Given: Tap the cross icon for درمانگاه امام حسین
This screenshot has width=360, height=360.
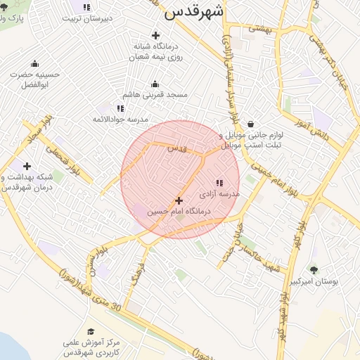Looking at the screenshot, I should (x=179, y=200).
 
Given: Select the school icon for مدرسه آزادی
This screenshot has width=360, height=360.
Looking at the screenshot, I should (x=218, y=183).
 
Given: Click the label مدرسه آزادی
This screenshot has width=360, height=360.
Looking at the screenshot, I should (x=219, y=193).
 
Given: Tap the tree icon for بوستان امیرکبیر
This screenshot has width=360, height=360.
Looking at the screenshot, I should (x=314, y=269).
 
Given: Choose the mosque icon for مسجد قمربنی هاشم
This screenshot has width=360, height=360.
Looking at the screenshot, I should (x=155, y=84).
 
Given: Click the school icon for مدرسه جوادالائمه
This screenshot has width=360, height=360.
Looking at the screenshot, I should (x=120, y=108).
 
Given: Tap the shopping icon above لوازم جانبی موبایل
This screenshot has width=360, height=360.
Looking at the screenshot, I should (x=250, y=124).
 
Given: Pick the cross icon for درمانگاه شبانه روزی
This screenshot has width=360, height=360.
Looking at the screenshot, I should (x=155, y=35).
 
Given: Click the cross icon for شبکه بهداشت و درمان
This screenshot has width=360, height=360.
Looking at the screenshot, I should (x=27, y=167).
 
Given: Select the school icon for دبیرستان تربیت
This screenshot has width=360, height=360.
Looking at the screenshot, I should (x=86, y=8).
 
